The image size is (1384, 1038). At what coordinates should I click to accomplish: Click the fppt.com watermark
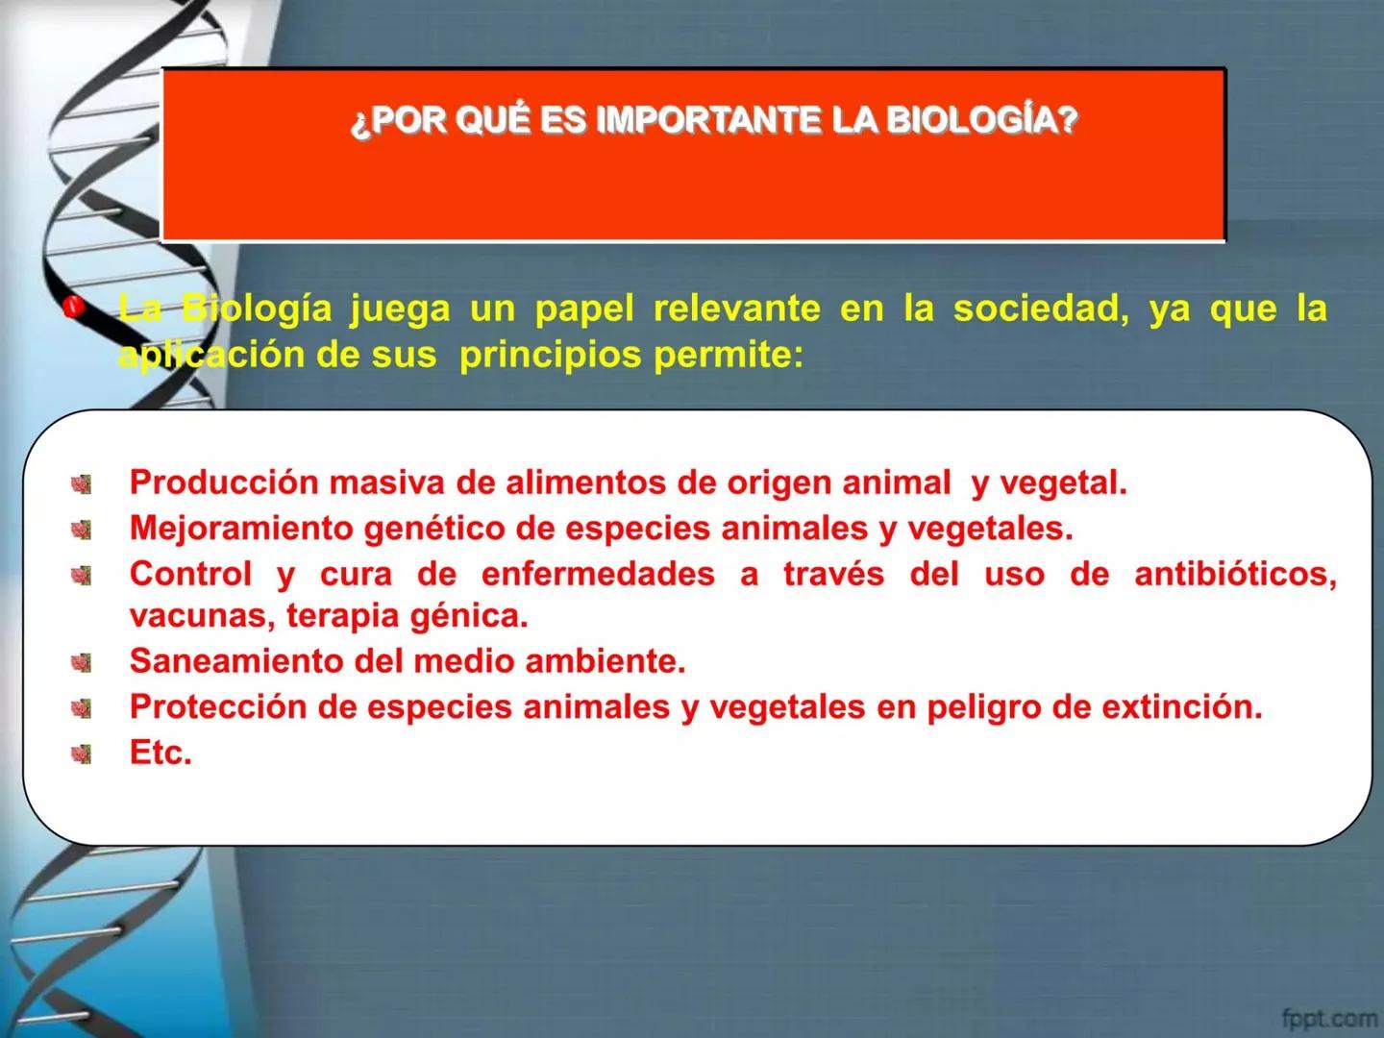point(1329,1017)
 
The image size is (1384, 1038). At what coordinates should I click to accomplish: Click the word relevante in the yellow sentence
point(736,309)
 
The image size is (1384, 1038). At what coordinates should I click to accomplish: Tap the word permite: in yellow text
point(728,356)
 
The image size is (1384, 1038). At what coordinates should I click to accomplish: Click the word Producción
point(224,482)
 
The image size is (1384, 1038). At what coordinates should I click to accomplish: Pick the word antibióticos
point(1235,574)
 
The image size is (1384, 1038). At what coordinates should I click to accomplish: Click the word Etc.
point(161,753)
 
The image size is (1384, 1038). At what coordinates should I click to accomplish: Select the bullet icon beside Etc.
point(82,754)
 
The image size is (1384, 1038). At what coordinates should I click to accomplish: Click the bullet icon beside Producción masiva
point(82,483)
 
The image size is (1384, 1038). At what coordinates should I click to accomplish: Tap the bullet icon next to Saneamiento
point(82,663)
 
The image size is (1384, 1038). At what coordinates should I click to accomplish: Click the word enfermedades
point(598,574)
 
